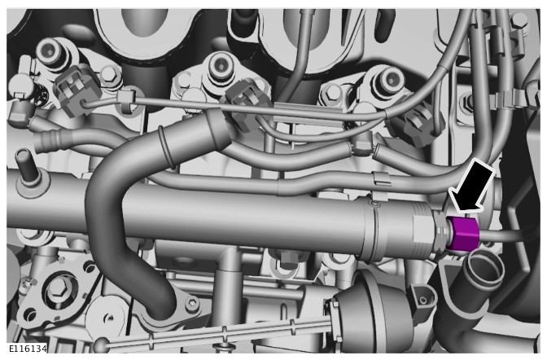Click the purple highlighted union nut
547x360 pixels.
(x=463, y=233)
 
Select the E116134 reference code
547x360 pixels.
(x=28, y=349)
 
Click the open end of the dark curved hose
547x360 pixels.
(x=219, y=129)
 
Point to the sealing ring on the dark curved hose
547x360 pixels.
(x=166, y=147)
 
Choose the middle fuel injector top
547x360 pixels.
(x=220, y=67)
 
